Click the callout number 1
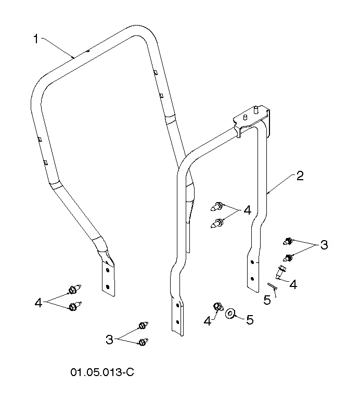36,39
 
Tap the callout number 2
300,176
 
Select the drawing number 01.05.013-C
102,372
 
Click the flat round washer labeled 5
230,313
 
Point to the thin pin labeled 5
272,286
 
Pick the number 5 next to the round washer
250,320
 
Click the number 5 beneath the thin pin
267,300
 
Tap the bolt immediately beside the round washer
217,307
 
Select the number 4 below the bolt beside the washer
208,321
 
